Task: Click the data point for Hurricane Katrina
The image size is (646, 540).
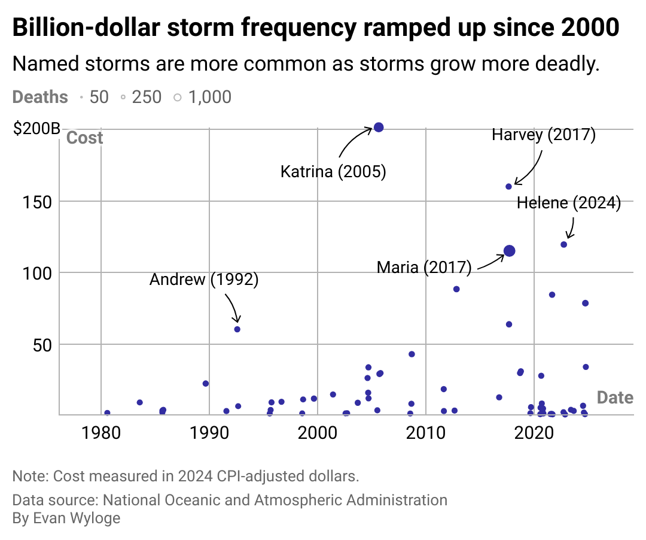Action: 379,127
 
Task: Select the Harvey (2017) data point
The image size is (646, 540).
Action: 508,187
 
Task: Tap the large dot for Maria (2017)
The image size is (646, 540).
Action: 509,251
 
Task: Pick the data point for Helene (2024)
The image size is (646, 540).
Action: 563,244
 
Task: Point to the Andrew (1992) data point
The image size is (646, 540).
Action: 237,329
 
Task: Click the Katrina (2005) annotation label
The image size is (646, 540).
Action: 333,172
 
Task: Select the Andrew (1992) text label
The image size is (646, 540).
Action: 203,280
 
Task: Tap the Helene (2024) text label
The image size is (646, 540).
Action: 568,203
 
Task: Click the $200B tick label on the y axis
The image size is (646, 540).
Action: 36,129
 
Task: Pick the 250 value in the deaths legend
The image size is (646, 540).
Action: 147,97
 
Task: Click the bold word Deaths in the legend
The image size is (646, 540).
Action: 40,97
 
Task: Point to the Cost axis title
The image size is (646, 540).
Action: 84,138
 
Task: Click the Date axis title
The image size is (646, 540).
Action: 615,397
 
